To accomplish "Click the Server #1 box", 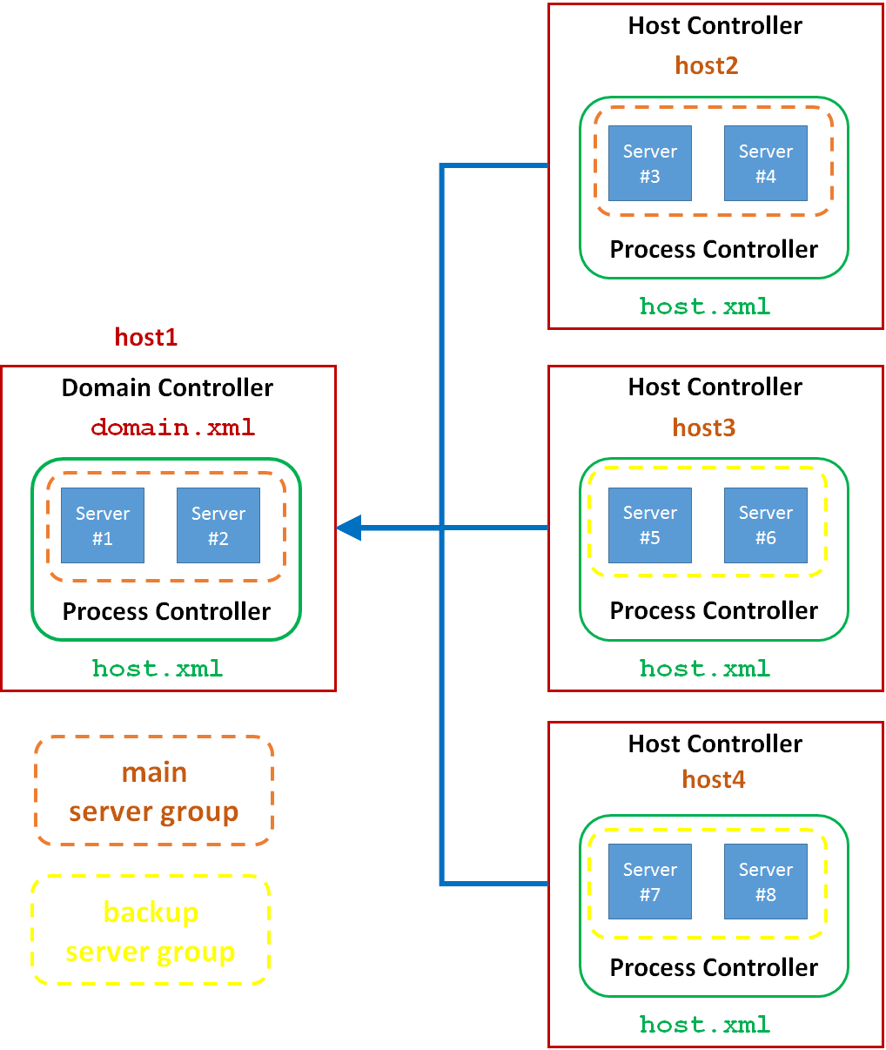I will [103, 525].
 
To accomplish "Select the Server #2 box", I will [218, 525].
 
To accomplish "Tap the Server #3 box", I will [650, 164].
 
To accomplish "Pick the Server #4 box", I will [766, 164].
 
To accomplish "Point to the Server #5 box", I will [650, 525].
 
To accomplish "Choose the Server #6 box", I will [766, 525].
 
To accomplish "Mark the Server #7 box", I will [650, 881].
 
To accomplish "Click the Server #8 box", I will [766, 881].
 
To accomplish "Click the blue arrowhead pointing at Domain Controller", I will [349, 528].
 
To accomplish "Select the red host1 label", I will [146, 337].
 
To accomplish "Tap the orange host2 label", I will [707, 65].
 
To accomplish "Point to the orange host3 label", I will [704, 427].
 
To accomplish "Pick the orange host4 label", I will [714, 779].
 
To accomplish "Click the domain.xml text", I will [173, 427].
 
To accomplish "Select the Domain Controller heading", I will [167, 387].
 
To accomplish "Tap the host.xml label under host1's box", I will [158, 669].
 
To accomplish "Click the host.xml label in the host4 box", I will [705, 1025].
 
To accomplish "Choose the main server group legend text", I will [154, 791].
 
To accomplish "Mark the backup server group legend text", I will [151, 932].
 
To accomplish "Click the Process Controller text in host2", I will [714, 250].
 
